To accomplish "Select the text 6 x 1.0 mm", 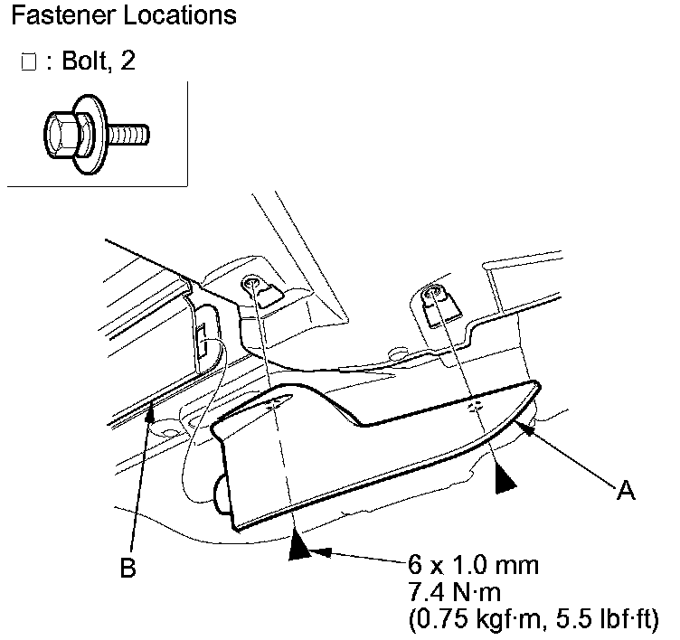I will click(x=473, y=567).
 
